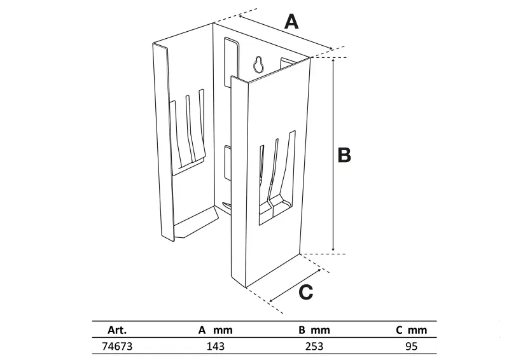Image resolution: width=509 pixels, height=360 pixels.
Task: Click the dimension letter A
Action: coord(291,22)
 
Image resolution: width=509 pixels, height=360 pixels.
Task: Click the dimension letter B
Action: coord(344,155)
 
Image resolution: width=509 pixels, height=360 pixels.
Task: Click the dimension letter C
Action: coord(306,292)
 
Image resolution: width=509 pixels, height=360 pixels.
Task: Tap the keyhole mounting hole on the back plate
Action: coord(259,64)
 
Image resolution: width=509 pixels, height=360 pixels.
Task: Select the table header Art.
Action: coord(118,331)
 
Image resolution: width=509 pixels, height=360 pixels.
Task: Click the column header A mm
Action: coord(216,331)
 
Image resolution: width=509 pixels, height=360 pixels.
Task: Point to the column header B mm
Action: coord(314,331)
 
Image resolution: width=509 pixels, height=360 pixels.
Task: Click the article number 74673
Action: coord(118,347)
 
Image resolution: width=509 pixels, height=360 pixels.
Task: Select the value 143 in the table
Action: coord(216,347)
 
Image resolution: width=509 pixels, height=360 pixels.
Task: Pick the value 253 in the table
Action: coord(314,347)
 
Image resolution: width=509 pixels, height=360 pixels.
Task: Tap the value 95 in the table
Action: coord(411,347)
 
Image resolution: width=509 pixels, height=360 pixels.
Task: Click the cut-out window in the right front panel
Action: coord(277,178)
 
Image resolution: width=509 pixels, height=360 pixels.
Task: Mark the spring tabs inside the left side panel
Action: coord(189,130)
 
